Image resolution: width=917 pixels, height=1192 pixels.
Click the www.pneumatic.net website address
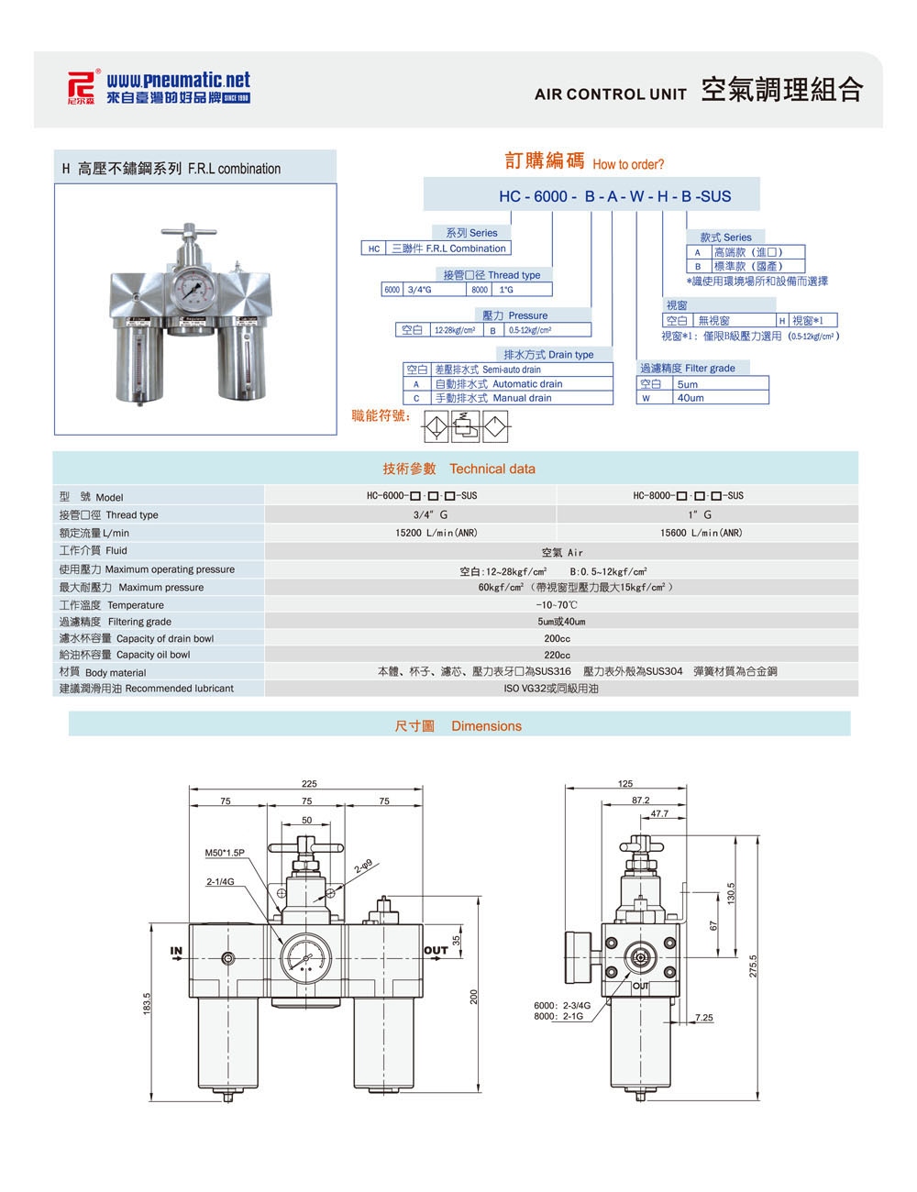[178, 81]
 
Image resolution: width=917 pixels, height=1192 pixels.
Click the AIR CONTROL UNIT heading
[610, 94]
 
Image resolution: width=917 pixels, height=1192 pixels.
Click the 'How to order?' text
[628, 165]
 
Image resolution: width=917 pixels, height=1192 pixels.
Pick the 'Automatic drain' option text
[526, 384]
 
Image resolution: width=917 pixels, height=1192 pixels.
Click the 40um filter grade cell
[691, 398]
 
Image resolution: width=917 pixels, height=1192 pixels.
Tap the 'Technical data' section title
[492, 469]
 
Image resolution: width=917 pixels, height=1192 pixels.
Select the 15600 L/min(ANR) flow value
[702, 533]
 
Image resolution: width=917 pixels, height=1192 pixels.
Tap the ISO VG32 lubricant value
[551, 689]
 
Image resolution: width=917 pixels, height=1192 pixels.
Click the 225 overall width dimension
[309, 784]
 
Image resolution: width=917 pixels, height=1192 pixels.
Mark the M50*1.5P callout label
[225, 853]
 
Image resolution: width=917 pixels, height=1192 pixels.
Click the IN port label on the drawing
[176, 951]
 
